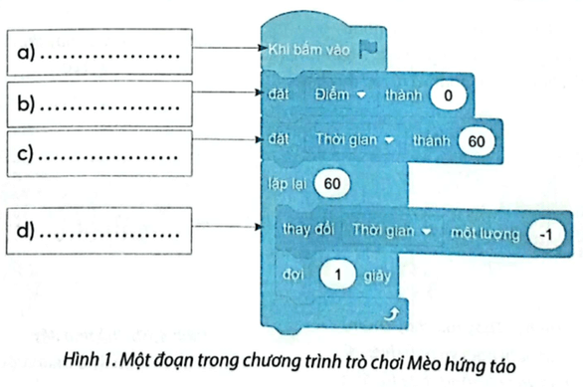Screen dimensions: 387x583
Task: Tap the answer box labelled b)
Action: [x=96, y=101]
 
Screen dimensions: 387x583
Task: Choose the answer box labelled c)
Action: [x=96, y=152]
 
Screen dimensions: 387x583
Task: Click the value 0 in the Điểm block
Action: [x=447, y=97]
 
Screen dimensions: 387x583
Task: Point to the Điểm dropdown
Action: [x=339, y=97]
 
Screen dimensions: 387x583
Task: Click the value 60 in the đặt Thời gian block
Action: [x=478, y=141]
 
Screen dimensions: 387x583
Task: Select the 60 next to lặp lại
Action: [x=332, y=185]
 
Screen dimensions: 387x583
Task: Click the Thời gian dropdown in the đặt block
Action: [x=356, y=141]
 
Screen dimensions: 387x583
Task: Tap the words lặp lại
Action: [x=284, y=185]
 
